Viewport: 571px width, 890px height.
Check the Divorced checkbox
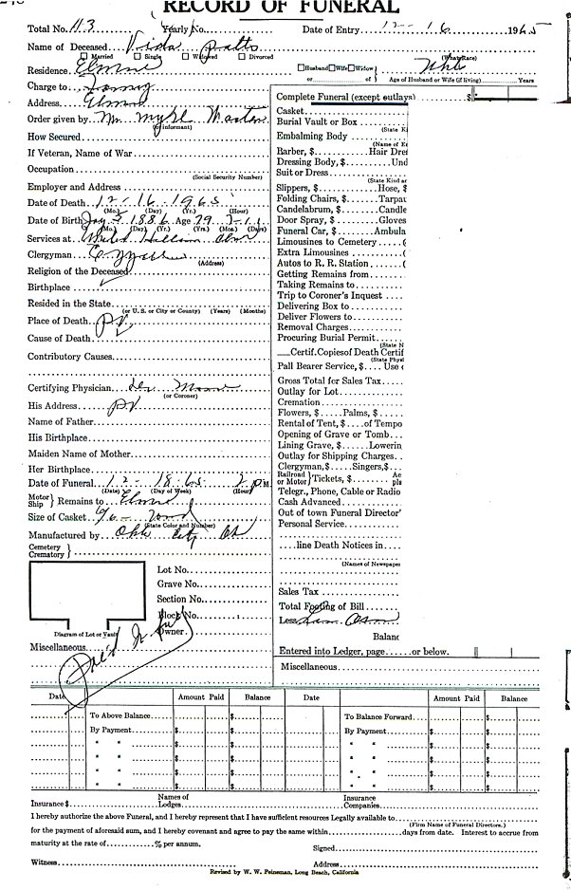click(x=243, y=57)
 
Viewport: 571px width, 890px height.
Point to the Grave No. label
click(x=178, y=584)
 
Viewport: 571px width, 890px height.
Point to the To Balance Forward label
click(x=378, y=716)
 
